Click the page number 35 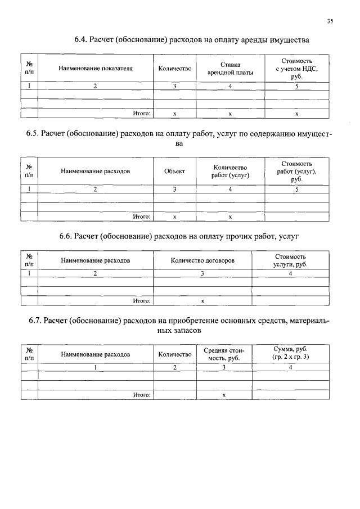click(x=330, y=21)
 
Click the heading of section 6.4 click(x=192, y=40)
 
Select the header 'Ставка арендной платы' click(x=230, y=69)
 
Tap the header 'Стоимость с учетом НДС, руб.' click(x=297, y=69)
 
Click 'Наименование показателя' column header click(x=96, y=69)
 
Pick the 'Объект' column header click(x=175, y=171)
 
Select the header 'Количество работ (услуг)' click(x=230, y=171)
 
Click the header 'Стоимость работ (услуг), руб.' click(x=297, y=171)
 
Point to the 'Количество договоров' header click(x=202, y=260)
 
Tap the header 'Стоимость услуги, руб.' click(x=290, y=260)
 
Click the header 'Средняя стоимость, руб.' click(x=223, y=354)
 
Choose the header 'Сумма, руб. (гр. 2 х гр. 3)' click(x=290, y=354)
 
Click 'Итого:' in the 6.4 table click(x=141, y=114)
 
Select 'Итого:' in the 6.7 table click(x=141, y=395)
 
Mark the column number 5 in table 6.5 click(x=297, y=190)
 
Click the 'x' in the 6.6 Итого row click(x=202, y=301)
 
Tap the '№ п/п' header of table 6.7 click(x=29, y=354)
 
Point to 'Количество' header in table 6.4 click(x=175, y=69)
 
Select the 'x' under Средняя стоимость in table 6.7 click(x=223, y=395)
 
